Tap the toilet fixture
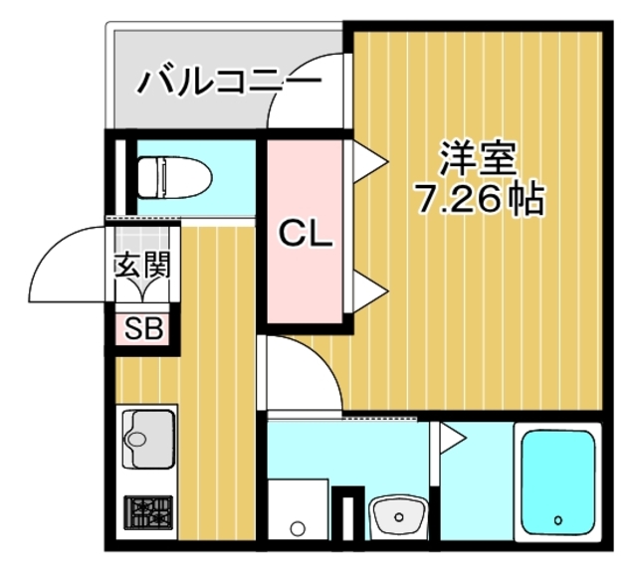pyautogui.click(x=173, y=179)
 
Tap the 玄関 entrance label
pyautogui.click(x=143, y=266)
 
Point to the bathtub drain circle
pyautogui.click(x=558, y=519)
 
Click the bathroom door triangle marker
pyautogui.click(x=451, y=434)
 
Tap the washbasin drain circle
pyautogui.click(x=397, y=516)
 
